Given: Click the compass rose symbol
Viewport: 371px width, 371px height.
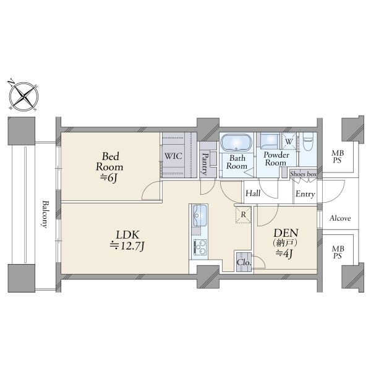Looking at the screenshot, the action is tap(23, 96).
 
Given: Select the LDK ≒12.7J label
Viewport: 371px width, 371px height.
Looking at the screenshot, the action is tap(127, 241).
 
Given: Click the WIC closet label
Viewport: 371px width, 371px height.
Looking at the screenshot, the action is tap(173, 156).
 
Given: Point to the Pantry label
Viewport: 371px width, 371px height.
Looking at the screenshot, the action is tap(204, 164).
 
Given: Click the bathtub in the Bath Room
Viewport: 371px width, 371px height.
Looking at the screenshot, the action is tap(236, 142).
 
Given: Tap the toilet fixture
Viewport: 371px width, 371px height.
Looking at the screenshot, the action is tap(308, 142).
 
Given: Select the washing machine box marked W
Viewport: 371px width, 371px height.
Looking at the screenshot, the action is tap(288, 141).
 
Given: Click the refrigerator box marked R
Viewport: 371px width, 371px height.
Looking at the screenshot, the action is tap(243, 215).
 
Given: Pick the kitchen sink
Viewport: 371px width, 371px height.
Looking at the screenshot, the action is tap(200, 216).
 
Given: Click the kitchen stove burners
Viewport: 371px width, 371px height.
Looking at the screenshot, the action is tap(200, 247).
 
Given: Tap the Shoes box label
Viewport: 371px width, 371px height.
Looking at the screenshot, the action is tap(304, 174).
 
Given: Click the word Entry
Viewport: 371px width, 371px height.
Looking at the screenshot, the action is tap(305, 194).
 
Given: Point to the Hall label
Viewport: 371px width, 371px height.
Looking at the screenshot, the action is tap(253, 194).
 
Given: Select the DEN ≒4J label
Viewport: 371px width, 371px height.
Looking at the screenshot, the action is tap(286, 243).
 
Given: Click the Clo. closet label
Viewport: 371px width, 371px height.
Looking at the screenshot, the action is tap(244, 263).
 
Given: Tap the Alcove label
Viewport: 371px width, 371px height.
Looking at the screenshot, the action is tap(340, 218).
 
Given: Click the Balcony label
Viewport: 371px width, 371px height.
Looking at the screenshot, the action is tap(45, 215).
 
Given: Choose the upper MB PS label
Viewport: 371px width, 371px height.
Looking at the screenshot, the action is tap(338, 156).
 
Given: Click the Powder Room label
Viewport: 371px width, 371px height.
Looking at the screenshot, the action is tap(276, 159).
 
